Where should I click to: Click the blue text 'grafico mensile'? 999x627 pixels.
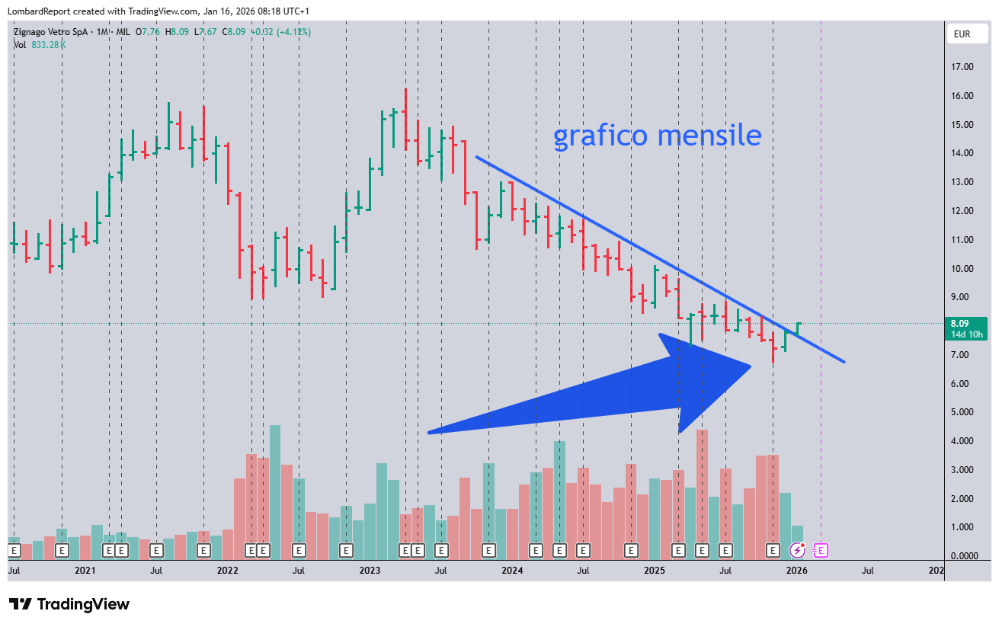click(x=657, y=136)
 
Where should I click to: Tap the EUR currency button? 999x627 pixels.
click(x=962, y=34)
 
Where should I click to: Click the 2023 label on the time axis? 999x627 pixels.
click(x=370, y=570)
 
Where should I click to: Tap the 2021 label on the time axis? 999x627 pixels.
click(x=85, y=570)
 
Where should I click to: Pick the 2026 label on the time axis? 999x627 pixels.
click(x=796, y=570)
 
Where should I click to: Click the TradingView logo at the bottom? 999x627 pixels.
click(x=69, y=604)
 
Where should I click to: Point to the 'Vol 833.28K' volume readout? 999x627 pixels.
click(x=40, y=45)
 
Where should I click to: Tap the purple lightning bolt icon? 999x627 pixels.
click(x=798, y=549)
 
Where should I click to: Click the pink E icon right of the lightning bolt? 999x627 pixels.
click(x=820, y=549)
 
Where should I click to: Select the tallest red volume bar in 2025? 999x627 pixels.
click(x=702, y=488)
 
